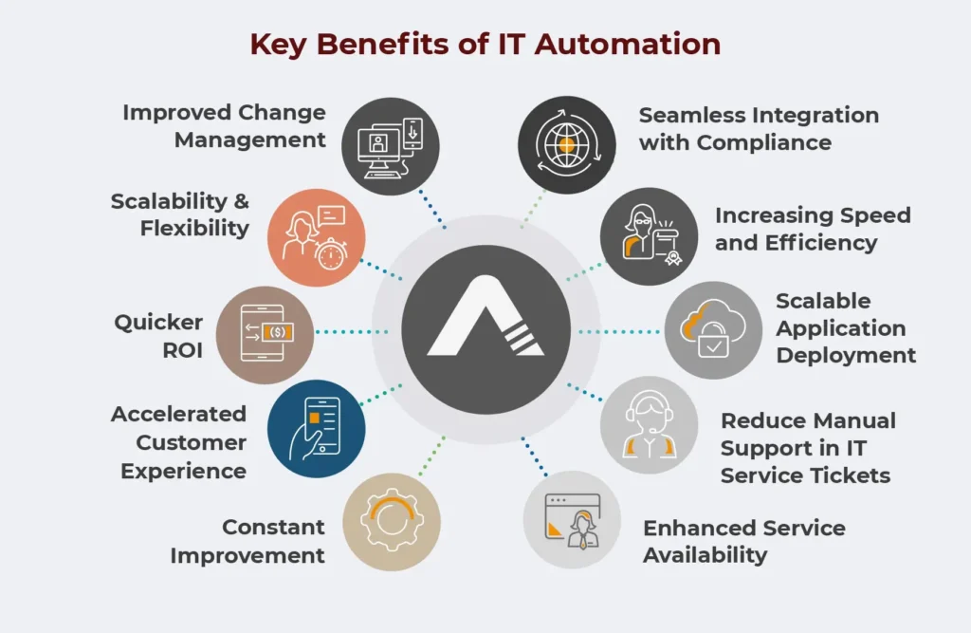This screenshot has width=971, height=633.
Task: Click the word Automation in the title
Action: [628, 44]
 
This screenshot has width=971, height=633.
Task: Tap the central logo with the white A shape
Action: [485, 329]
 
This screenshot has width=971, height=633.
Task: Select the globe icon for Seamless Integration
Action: [567, 145]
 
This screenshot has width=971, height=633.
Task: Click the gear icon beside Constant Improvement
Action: [392, 521]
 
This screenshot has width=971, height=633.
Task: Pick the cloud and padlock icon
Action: [713, 330]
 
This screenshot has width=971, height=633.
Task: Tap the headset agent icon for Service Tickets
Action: [649, 425]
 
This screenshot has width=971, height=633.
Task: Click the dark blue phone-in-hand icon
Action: [317, 428]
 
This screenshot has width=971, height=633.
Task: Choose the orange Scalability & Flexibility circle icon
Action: [317, 237]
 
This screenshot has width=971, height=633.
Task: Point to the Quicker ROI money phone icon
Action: [266, 335]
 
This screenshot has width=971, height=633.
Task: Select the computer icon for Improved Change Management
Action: [391, 146]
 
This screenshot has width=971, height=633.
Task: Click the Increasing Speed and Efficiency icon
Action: [649, 236]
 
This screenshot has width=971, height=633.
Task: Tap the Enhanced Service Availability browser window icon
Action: [572, 519]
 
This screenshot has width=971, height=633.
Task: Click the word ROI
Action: [183, 350]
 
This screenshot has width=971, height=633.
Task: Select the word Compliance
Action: [764, 142]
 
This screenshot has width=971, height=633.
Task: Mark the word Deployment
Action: [846, 355]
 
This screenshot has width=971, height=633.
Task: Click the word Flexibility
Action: [194, 228]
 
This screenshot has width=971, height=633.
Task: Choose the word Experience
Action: [183, 471]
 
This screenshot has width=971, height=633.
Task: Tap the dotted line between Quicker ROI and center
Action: [352, 332]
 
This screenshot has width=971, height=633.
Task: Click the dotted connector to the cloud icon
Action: [618, 332]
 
